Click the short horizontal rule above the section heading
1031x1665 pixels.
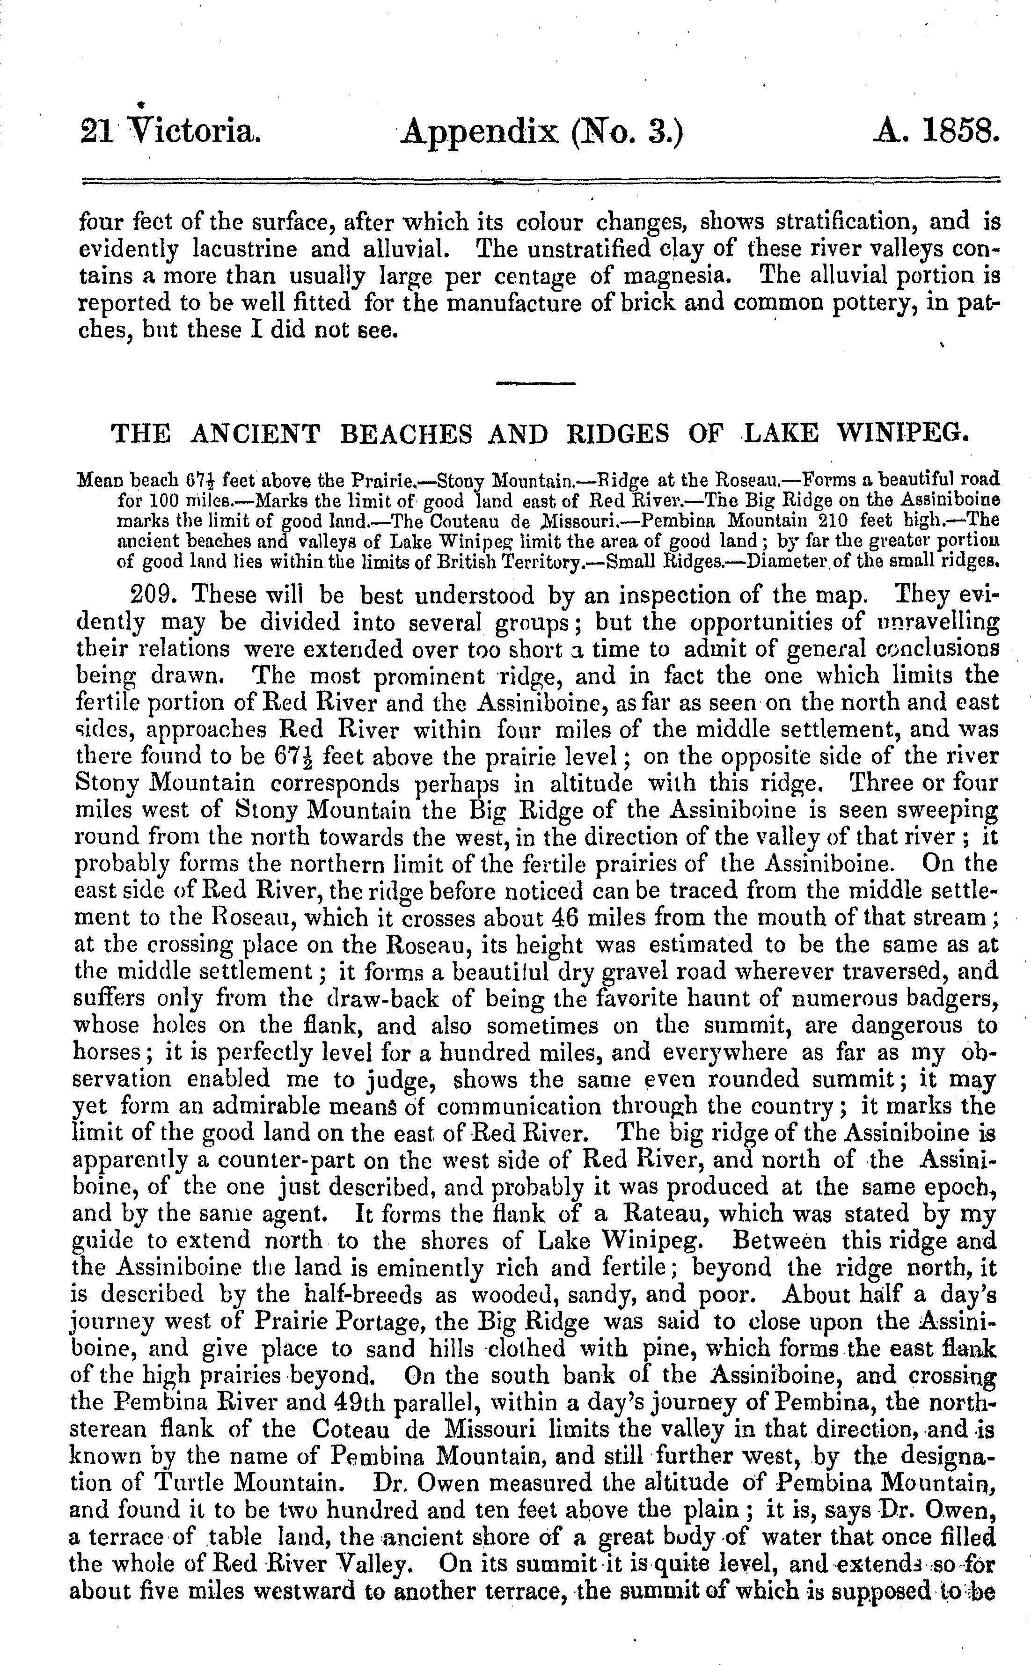[x=535, y=384]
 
